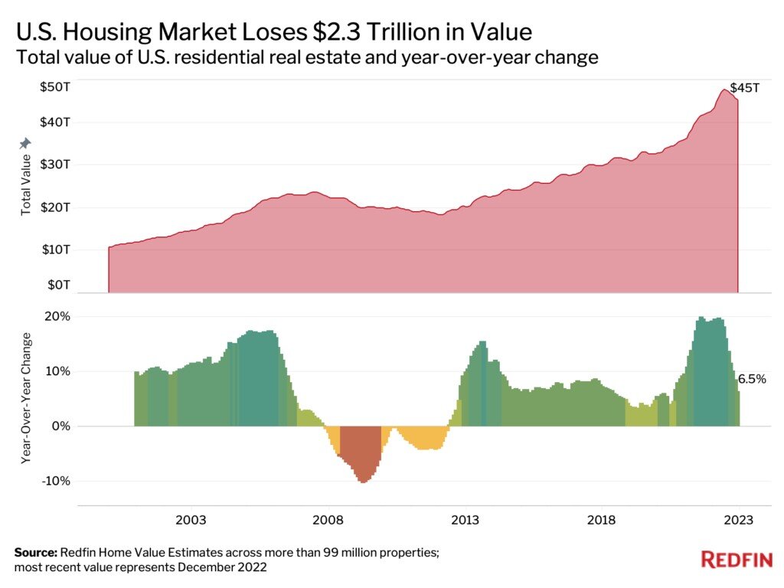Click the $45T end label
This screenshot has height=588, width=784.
pos(744,88)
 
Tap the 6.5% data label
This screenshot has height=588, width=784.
pos(752,379)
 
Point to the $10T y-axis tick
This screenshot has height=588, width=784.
pos(56,249)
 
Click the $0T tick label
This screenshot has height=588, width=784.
pos(58,285)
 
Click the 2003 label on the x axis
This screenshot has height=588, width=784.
pos(191,520)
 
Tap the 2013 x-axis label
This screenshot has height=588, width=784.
pos(465,520)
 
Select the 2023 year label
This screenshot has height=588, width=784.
pos(738,520)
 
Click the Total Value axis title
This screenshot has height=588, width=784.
pos(25,185)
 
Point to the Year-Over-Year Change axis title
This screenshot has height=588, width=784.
pos(25,398)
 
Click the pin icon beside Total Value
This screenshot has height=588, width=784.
pos(25,143)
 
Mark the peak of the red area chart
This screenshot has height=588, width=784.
pos(724,90)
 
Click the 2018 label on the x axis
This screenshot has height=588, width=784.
pos(601,520)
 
